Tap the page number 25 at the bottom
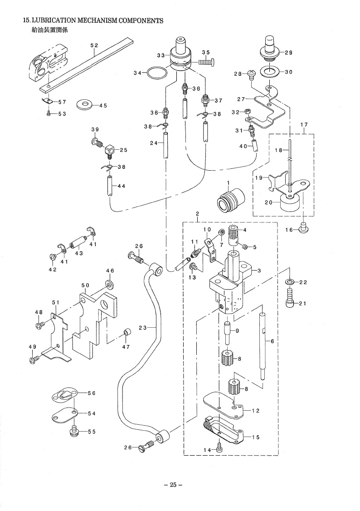[173, 485]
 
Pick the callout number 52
[94, 46]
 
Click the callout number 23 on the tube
[142, 328]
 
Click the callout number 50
[85, 285]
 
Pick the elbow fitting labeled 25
[110, 150]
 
